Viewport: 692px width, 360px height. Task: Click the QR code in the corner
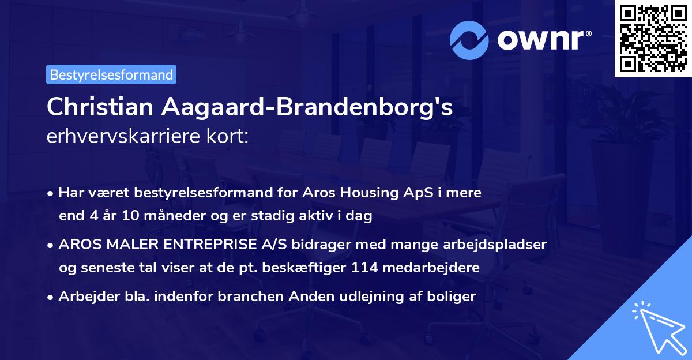(653, 38)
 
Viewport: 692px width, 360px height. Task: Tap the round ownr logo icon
(469, 40)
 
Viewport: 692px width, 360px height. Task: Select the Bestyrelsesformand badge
(111, 74)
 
